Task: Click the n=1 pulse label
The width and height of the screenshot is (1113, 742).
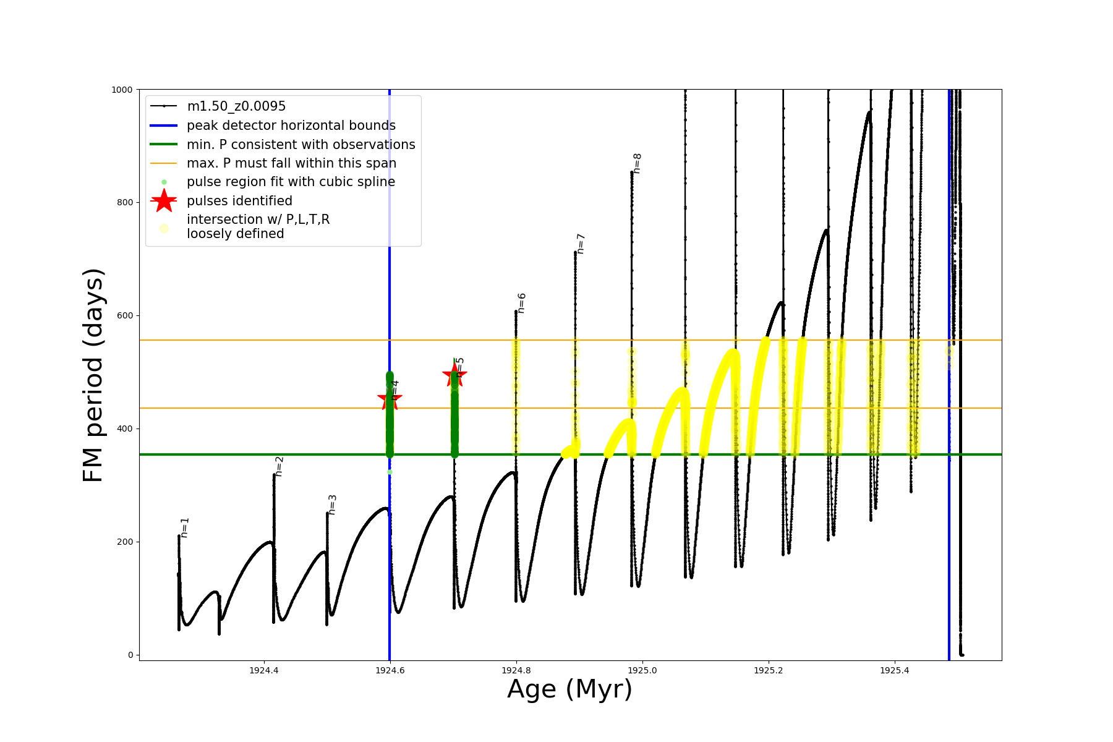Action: coord(184,527)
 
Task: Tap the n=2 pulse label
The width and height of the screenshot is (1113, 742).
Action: coord(279,466)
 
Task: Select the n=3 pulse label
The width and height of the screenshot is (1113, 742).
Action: coord(332,505)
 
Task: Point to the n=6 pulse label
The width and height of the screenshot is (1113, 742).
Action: coord(521,303)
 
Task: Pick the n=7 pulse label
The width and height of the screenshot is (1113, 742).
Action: coord(581,244)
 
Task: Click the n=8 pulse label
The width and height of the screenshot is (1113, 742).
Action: coord(637,163)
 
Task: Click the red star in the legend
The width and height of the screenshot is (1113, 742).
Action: coord(164,201)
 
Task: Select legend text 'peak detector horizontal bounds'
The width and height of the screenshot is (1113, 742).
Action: coord(291,126)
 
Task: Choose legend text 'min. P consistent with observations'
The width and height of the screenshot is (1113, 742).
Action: coord(301,145)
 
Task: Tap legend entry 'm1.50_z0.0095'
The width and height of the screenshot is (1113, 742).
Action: coord(236,106)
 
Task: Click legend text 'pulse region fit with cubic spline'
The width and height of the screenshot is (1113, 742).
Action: coord(291,182)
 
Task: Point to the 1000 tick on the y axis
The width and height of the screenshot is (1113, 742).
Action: coord(122,90)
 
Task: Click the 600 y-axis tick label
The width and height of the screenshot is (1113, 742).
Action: coord(124,315)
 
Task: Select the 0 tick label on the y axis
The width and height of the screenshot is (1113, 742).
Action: coord(130,655)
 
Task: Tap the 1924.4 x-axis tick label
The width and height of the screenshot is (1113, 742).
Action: coord(264,670)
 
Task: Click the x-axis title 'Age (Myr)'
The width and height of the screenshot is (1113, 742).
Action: coord(569,689)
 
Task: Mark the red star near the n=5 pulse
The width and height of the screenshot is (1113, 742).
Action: coord(454,374)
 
